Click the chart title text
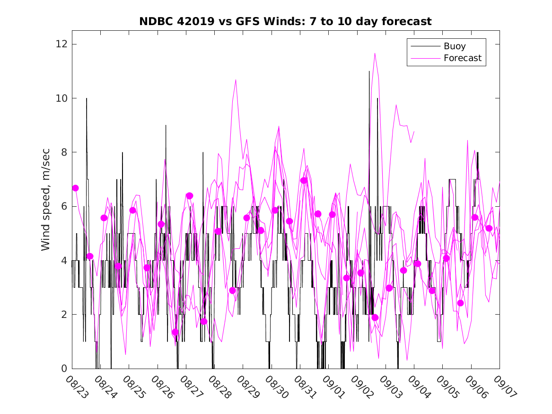coord(285,22)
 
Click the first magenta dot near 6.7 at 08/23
coord(75,188)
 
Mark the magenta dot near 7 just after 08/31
coord(304,180)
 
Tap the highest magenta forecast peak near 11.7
coord(375,53)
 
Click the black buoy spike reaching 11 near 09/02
coord(369,71)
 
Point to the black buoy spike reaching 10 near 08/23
coord(87,98)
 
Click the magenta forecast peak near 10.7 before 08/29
coord(236,79)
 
